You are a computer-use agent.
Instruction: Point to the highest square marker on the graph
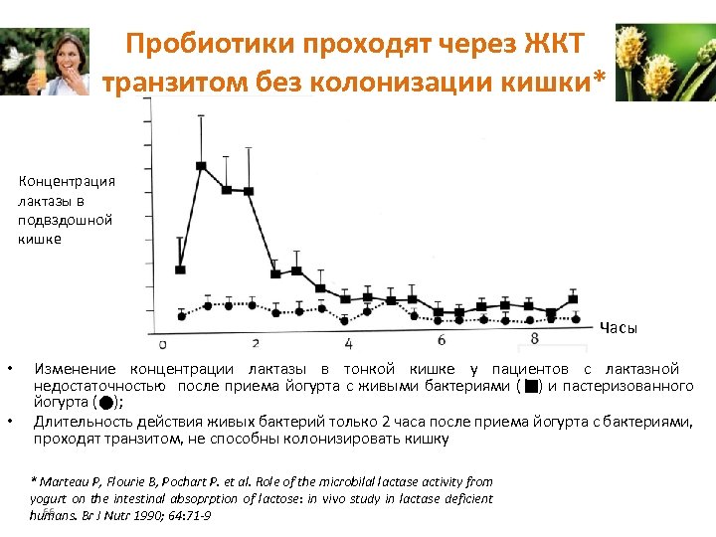pyautogui.click(x=202, y=166)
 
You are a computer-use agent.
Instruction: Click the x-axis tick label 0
pyautogui.click(x=162, y=346)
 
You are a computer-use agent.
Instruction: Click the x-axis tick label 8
pyautogui.click(x=535, y=338)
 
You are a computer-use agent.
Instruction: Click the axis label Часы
pyautogui.click(x=618, y=328)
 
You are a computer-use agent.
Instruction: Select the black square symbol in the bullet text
pyautogui.click(x=532, y=386)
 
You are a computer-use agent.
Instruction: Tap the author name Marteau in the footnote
pyautogui.click(x=66, y=481)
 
